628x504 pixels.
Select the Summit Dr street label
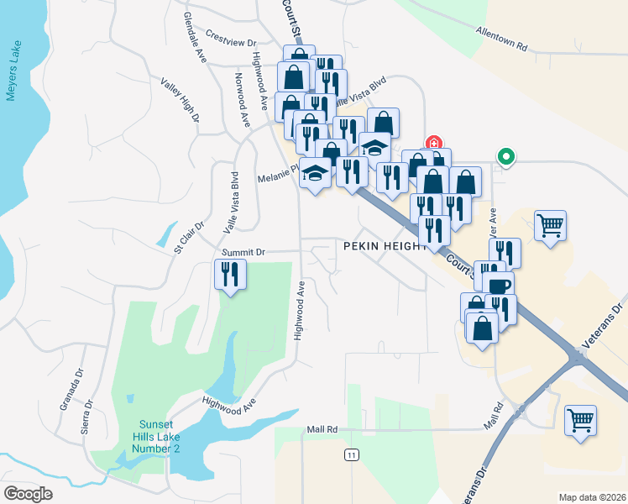(x=243, y=251)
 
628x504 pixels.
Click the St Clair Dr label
(x=190, y=237)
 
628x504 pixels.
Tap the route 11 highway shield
(x=350, y=454)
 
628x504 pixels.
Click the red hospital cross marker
(x=433, y=142)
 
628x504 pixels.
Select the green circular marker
(x=505, y=155)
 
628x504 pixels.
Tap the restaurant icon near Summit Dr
(x=229, y=274)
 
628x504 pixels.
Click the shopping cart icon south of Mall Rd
(x=580, y=420)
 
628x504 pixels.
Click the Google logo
(x=28, y=494)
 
